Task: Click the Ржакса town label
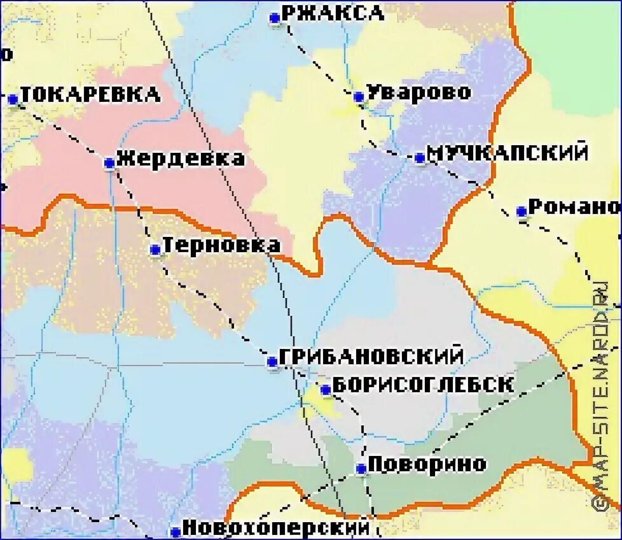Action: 332,13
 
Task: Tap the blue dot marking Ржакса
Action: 275,18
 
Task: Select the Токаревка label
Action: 90,95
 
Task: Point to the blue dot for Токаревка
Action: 13,99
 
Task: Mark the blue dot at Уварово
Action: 359,97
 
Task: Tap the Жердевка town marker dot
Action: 109,163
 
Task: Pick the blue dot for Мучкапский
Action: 420,157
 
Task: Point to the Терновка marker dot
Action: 155,250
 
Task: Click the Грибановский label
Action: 371,357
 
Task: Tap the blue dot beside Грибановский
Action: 272,362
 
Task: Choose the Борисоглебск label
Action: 423,385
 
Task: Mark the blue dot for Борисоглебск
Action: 325,389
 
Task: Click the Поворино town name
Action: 427,464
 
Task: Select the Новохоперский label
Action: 275,527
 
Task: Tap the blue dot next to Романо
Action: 522,211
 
